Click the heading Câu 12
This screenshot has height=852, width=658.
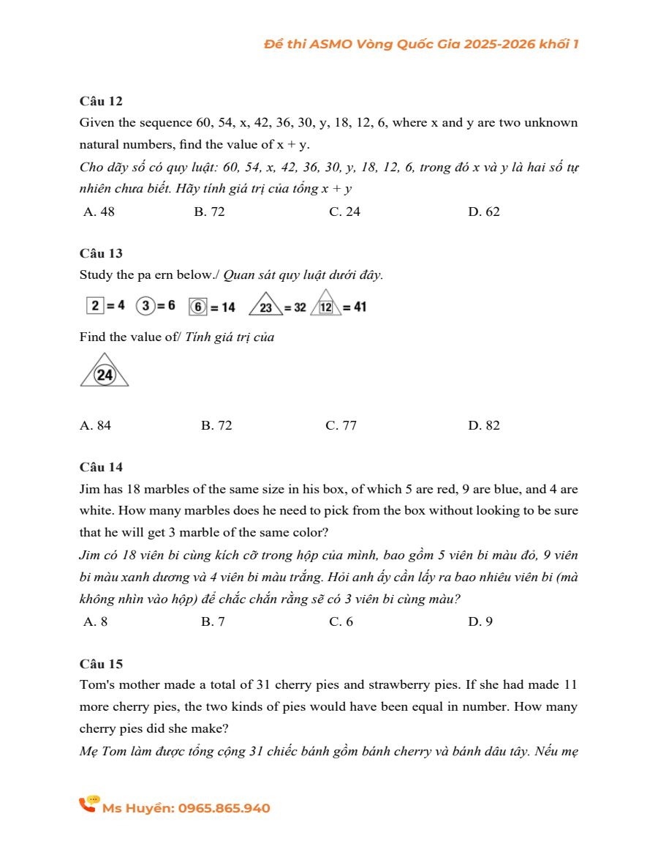coord(101,101)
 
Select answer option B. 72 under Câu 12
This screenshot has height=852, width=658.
coord(209,212)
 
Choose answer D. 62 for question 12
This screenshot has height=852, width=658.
coord(483,212)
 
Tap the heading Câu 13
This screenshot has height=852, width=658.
coord(101,253)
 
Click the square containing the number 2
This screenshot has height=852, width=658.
coord(94,305)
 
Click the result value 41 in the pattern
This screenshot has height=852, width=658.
coord(359,307)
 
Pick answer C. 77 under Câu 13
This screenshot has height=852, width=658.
coord(341,426)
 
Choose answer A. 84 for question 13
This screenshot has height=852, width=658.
coord(95,426)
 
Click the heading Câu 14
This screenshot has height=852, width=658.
coord(101,467)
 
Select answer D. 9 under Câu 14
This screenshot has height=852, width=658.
coord(480,622)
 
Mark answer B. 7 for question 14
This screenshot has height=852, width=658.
coord(213,622)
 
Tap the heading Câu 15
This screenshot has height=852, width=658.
coord(101,664)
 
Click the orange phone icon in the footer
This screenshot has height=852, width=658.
coord(88,804)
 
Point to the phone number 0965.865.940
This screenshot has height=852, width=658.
coord(224,809)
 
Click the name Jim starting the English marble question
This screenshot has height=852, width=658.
coord(89,489)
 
